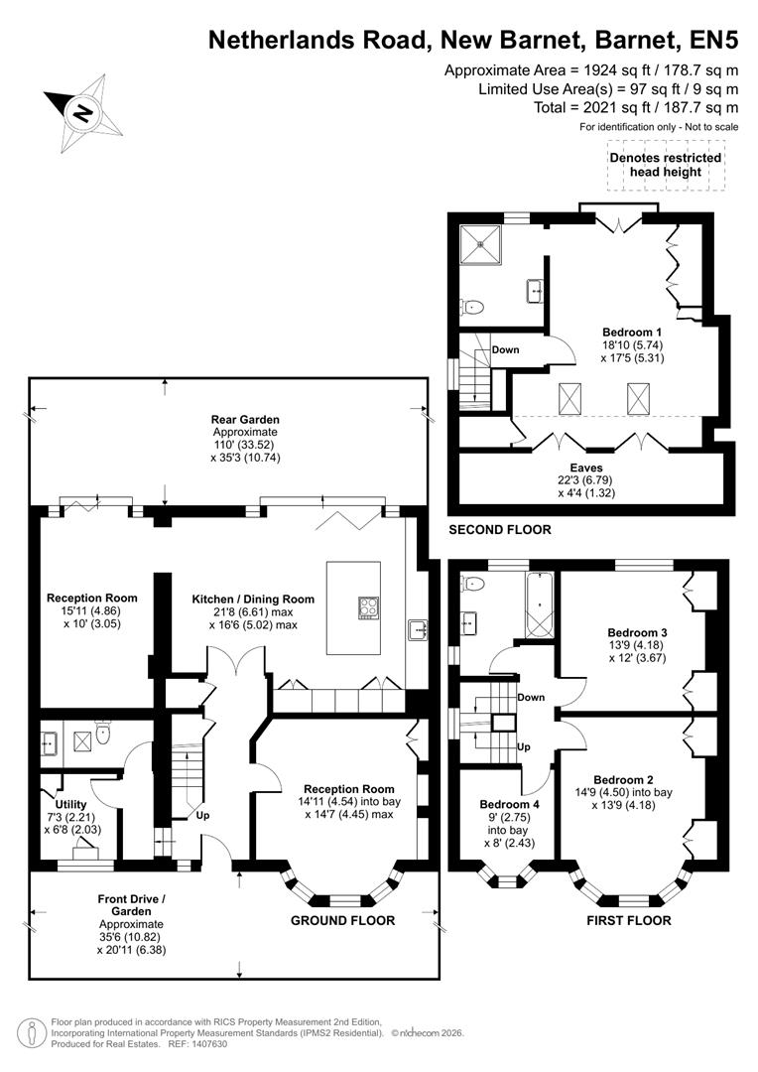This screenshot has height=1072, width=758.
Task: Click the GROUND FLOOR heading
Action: [x=342, y=920]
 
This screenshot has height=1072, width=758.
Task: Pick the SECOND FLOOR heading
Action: [x=500, y=530]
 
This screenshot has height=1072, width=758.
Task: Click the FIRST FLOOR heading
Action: [x=628, y=920]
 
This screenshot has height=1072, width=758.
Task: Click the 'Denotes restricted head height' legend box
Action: [x=665, y=165]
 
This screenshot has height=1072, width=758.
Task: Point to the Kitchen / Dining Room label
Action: [x=253, y=599]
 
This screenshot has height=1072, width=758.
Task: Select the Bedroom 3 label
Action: [x=637, y=631]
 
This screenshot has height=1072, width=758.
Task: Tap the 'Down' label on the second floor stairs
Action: [x=506, y=349]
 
